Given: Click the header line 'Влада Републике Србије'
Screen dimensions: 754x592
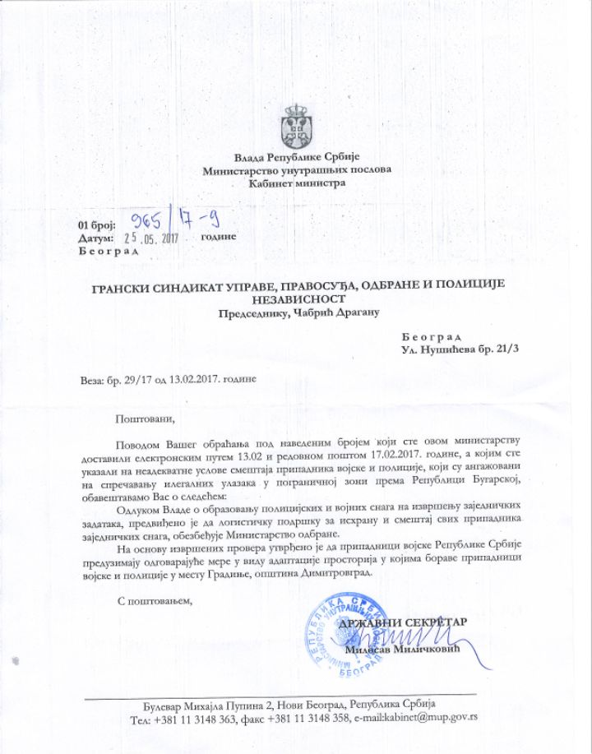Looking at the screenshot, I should pos(296,157).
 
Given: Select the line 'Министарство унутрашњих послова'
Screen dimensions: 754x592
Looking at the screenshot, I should pos(296,170).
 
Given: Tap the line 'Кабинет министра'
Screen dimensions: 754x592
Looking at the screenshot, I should pos(296,183).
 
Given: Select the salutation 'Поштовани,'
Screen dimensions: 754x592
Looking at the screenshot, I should pos(146,418).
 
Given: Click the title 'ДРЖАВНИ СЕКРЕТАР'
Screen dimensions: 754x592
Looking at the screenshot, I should pos(402,622).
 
